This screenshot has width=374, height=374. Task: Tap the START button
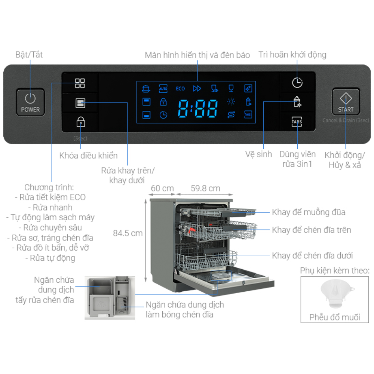tap(346, 102)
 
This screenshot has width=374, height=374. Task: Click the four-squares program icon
tap(80, 83)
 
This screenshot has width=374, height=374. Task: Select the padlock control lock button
tap(80, 122)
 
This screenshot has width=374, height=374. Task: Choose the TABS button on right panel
tap(297, 122)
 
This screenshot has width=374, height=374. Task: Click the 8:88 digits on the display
tap(198, 109)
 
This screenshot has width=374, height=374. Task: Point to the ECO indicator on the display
tap(180, 89)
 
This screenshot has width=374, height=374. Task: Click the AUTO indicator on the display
tap(163, 88)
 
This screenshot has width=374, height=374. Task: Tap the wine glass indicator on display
tap(231, 88)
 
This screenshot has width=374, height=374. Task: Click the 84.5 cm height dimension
tap(128, 233)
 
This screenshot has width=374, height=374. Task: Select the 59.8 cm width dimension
tap(205, 188)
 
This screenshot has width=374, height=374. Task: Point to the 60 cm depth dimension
tap(162, 188)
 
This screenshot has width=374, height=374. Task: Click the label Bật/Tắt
tap(29, 55)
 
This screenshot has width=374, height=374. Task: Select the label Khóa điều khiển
tap(88, 156)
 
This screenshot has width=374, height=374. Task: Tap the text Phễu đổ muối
tap(335, 318)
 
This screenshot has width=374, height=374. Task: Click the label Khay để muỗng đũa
tap(309, 212)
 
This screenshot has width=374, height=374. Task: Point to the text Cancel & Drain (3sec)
tap(346, 120)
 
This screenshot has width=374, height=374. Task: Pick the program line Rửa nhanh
tap(50, 207)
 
